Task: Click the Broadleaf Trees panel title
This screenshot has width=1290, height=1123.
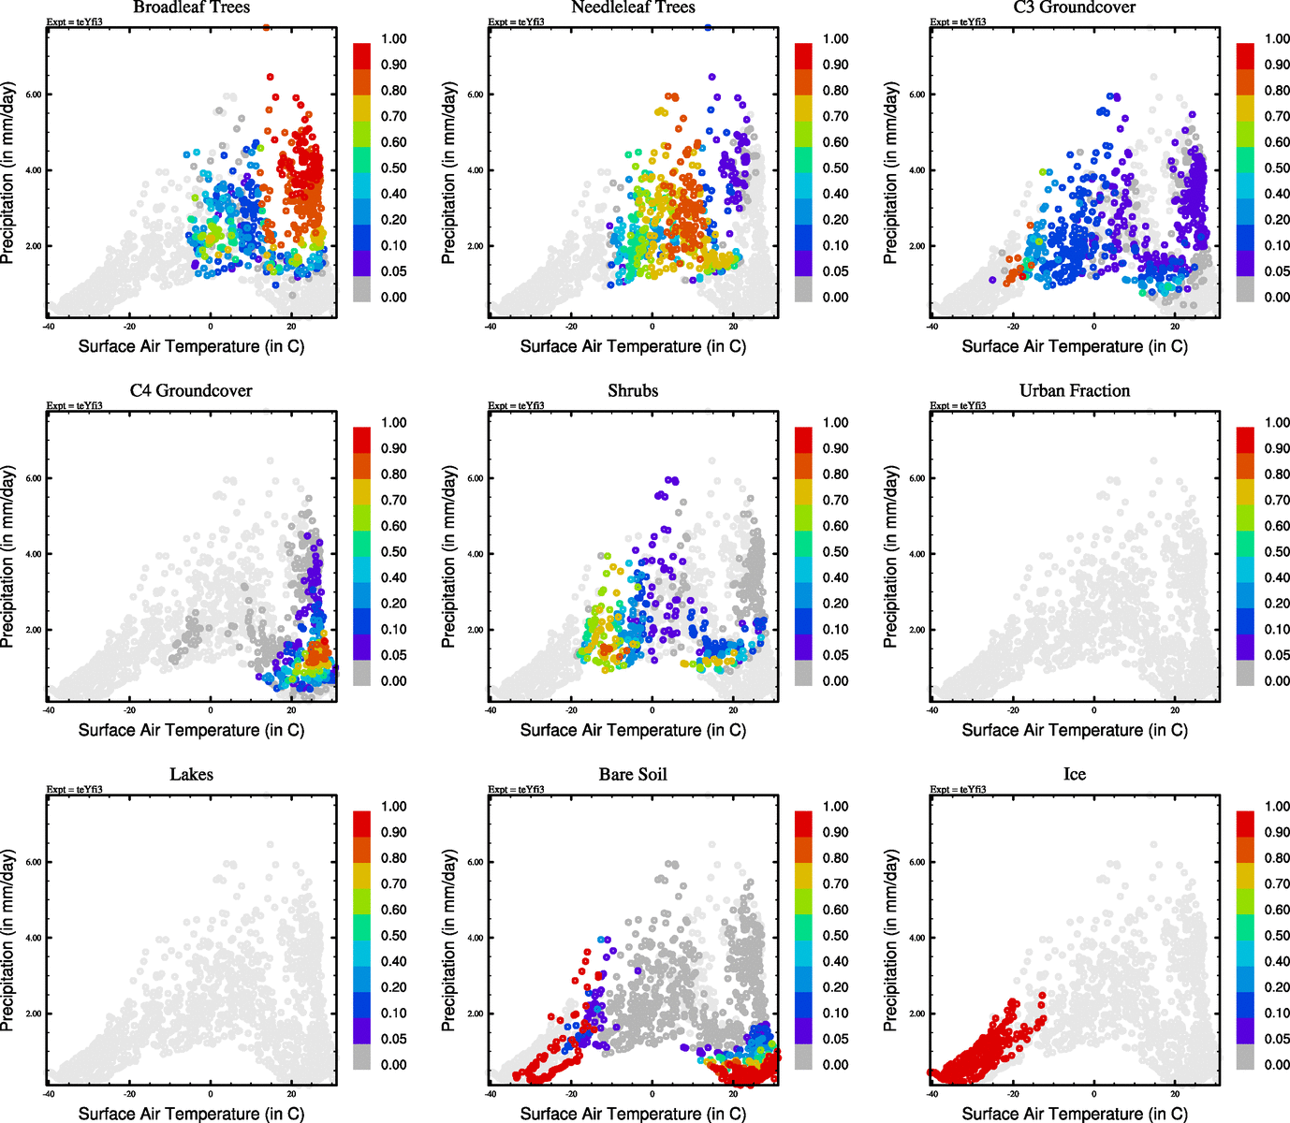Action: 191,7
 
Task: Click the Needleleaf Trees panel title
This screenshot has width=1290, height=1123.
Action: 633,7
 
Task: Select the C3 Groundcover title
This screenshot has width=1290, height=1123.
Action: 1075,7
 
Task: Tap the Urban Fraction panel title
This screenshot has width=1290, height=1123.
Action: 1075,390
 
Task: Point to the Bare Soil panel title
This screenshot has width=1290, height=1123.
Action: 633,774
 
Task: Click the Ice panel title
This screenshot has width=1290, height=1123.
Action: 1075,774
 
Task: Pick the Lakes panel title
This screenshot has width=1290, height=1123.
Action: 191,774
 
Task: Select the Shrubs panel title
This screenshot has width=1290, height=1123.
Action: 633,390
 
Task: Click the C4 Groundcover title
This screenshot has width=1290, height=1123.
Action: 191,390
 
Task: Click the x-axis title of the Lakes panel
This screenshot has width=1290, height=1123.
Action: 191,1113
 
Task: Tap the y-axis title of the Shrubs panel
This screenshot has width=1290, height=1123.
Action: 449,557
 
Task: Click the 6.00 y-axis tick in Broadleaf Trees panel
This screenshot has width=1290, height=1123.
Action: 33,95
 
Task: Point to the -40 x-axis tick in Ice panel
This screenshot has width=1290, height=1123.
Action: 932,1094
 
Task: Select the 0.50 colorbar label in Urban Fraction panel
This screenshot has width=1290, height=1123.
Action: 1277,552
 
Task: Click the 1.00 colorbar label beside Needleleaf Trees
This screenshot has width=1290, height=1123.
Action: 835,39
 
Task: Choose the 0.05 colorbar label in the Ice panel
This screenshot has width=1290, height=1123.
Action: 1277,1039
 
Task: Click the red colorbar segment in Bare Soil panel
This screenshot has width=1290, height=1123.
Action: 804,824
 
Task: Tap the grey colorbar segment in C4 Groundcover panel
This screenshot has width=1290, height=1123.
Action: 362,673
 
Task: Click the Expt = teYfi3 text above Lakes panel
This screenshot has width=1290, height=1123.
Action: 75,789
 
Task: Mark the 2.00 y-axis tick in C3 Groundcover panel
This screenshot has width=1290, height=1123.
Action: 916,246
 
